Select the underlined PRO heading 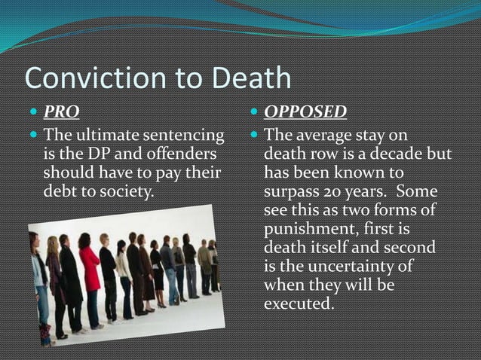pos(61,113)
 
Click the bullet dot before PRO pos(32,114)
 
